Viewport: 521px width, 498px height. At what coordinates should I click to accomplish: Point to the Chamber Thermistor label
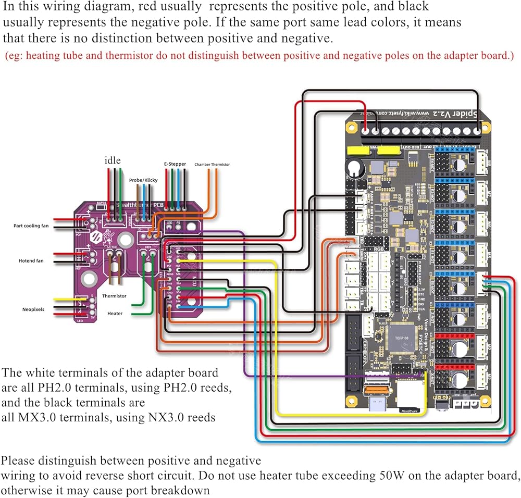pos(212,165)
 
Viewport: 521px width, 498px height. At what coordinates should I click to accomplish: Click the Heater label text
pos(115,314)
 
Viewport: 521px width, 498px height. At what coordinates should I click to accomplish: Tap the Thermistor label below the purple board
pos(114,296)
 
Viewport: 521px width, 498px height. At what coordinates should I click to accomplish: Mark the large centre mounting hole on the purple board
pos(125,239)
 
